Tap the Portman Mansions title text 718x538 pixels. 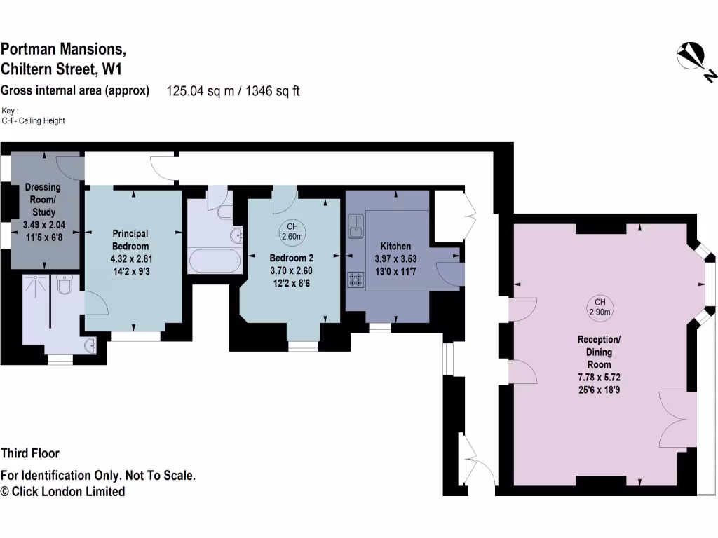tap(63, 49)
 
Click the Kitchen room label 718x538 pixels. tap(395, 246)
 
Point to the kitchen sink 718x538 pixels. tap(355, 225)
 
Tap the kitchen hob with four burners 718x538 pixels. tap(354, 280)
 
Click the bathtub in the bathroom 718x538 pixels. tap(215, 261)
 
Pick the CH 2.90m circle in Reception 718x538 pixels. tap(600, 307)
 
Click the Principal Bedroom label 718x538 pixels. tap(130, 240)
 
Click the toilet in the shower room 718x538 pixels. tap(65, 285)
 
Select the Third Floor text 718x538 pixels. tap(30, 453)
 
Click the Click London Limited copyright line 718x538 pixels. tap(63, 492)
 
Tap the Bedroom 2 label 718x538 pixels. tap(291, 257)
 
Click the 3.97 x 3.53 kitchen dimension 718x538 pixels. tap(395, 258)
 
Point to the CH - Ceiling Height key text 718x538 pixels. tap(33, 121)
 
